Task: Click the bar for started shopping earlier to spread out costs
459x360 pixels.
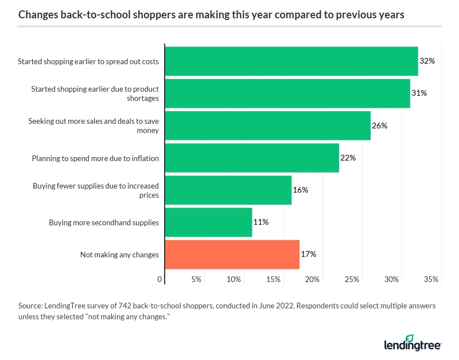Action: (x=291, y=61)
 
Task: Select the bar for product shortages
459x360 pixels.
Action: (x=287, y=93)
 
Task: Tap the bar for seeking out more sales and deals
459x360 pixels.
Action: (x=268, y=126)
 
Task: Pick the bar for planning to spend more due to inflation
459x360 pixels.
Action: (x=252, y=158)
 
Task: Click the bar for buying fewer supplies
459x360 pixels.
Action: (x=228, y=190)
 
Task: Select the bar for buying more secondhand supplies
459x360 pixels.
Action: (x=208, y=222)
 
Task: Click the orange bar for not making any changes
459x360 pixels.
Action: (x=232, y=254)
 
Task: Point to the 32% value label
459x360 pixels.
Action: (x=427, y=61)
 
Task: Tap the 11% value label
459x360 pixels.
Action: (x=261, y=222)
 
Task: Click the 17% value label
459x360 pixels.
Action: (x=309, y=254)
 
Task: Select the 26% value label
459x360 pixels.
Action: (x=379, y=126)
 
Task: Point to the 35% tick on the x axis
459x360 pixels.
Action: (x=431, y=280)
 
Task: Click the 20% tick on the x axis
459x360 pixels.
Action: (x=313, y=280)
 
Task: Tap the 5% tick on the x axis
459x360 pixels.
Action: (x=196, y=280)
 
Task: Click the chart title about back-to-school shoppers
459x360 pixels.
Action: (x=211, y=15)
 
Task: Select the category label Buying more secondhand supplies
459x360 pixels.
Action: (x=103, y=222)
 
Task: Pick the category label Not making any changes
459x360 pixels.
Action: (x=119, y=255)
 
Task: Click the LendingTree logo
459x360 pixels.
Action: (x=412, y=342)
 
